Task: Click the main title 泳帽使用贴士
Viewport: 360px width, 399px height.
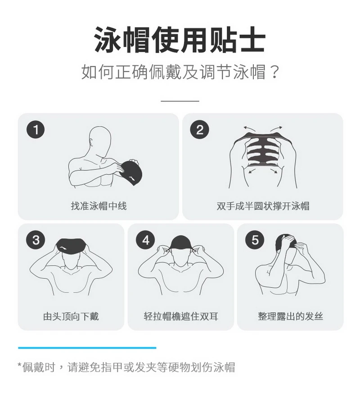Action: pyautogui.click(x=180, y=40)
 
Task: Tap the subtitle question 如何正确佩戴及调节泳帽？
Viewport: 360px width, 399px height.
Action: pyautogui.click(x=180, y=72)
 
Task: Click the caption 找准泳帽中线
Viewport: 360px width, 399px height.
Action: pyautogui.click(x=99, y=206)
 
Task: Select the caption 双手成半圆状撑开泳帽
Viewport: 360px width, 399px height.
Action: pyautogui.click(x=263, y=206)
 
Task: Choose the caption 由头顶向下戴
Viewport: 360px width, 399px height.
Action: pyautogui.click(x=71, y=316)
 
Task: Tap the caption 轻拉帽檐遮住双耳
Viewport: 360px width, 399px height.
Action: pyautogui.click(x=180, y=316)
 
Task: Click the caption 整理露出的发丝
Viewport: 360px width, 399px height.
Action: pyautogui.click(x=290, y=316)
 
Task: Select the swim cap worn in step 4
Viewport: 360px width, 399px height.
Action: pyautogui.click(x=180, y=244)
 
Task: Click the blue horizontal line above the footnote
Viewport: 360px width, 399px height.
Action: pyautogui.click(x=87, y=348)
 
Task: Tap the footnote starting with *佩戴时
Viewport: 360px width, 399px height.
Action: pyautogui.click(x=126, y=367)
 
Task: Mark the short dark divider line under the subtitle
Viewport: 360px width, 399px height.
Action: pyautogui.click(x=180, y=101)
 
